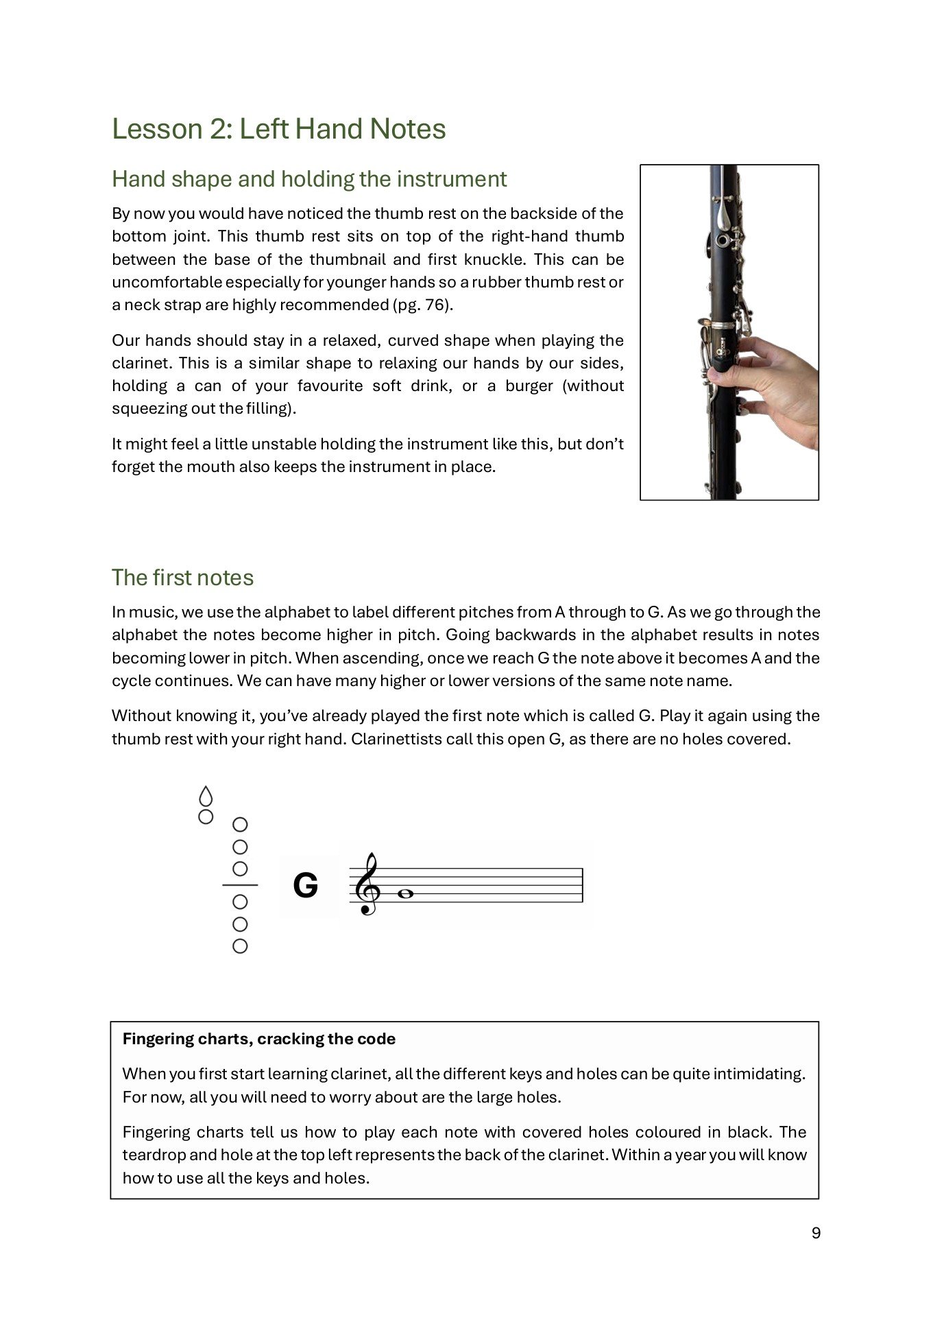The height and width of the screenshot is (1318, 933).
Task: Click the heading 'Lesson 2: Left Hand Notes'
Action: [x=278, y=129]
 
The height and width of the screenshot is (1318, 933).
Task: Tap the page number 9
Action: [x=816, y=1233]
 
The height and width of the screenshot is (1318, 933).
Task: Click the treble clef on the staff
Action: [x=367, y=884]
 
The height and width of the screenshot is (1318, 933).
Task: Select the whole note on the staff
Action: [x=405, y=894]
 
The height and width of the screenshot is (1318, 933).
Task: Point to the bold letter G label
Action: [x=306, y=885]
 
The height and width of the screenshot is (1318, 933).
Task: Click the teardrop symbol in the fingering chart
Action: [x=206, y=797]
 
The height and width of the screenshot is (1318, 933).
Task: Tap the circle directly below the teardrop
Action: [x=206, y=816]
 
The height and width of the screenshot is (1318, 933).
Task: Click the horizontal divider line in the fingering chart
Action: [x=240, y=885]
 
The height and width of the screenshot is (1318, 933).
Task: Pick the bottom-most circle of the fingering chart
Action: [x=240, y=946]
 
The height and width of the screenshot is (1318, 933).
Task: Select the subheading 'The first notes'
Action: [x=182, y=578]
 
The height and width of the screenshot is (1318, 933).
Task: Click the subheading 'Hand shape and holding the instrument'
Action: [x=309, y=179]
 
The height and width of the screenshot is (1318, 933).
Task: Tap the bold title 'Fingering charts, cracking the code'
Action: [x=258, y=1039]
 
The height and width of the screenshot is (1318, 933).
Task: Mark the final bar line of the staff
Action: [x=583, y=885]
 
